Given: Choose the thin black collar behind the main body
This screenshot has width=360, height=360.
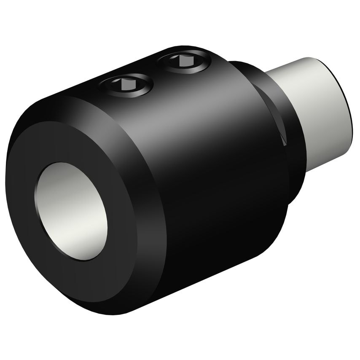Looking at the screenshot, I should coord(291,139).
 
